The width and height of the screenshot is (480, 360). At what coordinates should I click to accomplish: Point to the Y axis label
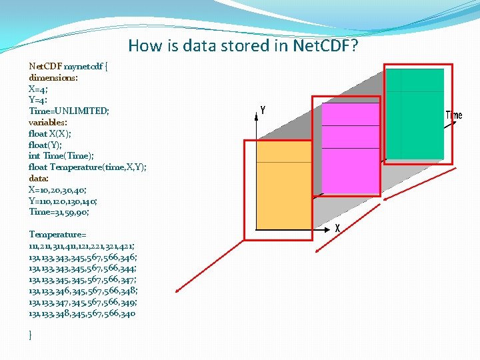coord(263,110)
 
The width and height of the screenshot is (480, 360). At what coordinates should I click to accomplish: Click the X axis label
coord(338,228)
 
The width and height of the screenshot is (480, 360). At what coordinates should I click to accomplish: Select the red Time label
coord(453,115)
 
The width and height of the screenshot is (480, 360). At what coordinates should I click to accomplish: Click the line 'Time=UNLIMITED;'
coord(69,111)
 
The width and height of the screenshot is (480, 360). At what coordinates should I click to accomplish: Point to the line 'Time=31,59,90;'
coord(59,212)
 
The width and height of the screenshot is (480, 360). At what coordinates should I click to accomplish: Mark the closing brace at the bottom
coord(31,335)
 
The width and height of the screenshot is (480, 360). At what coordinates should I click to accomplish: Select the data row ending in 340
coord(82,313)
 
